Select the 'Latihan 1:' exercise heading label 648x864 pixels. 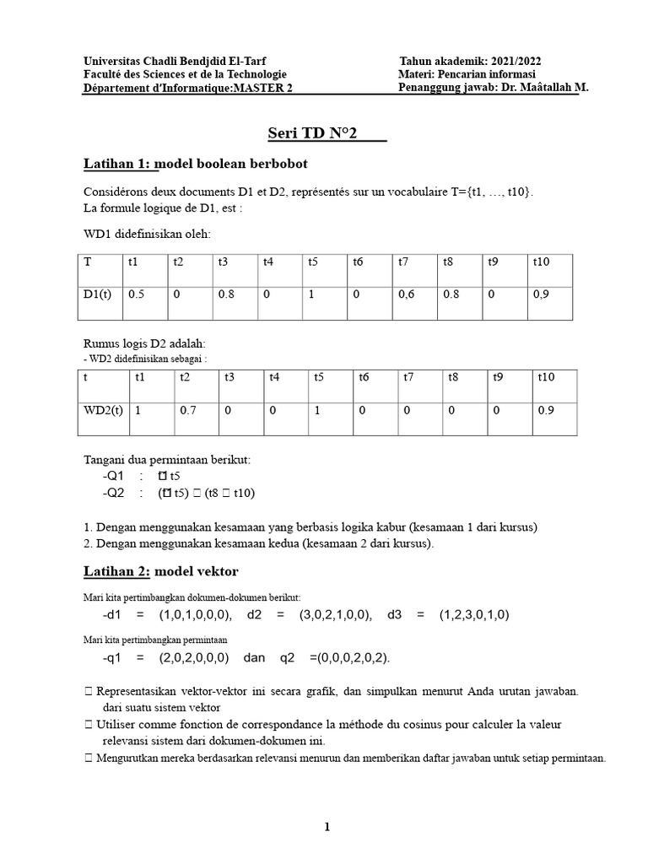(120, 163)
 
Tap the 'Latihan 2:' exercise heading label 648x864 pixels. (116, 571)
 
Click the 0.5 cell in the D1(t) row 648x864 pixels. (136, 296)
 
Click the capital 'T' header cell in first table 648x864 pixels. (87, 262)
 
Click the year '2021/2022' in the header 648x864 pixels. (516, 62)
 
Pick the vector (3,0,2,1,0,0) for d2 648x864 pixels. (335, 614)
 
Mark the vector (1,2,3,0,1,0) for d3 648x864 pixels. (474, 614)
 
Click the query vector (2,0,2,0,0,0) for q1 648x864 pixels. (196, 657)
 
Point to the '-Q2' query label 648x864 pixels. (113, 494)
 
